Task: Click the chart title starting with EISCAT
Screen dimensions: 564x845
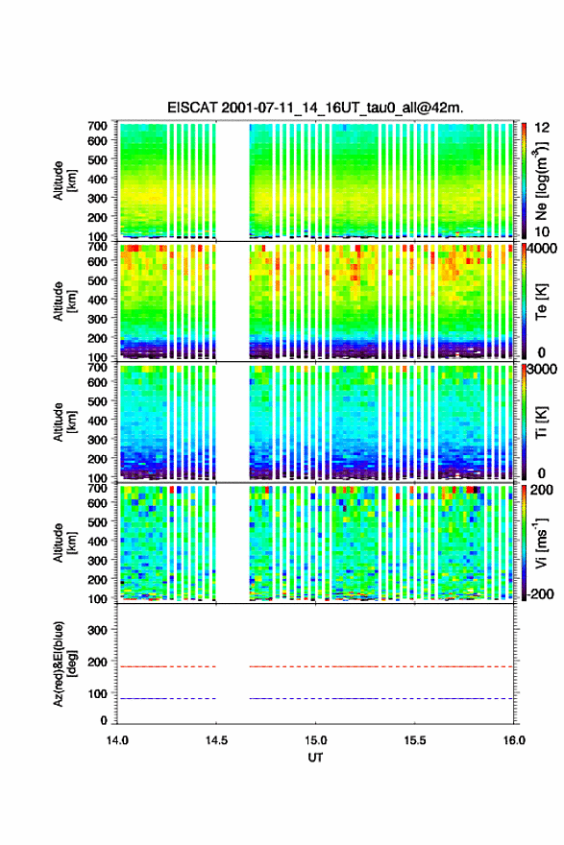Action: (x=315, y=108)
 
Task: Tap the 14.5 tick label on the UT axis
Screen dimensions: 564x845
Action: (x=216, y=740)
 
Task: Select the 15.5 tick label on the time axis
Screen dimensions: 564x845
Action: (x=415, y=740)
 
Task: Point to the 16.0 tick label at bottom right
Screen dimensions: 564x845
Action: (x=514, y=740)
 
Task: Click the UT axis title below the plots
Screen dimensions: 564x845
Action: (x=315, y=758)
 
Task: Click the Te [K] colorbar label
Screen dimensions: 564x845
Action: (x=541, y=302)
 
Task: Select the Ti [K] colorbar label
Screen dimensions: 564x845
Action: (x=541, y=422)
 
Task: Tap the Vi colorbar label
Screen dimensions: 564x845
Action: (x=541, y=543)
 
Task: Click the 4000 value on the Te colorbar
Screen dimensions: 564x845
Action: (x=542, y=249)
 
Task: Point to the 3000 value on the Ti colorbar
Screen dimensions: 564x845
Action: (x=542, y=369)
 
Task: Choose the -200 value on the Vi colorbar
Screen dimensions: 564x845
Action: (x=540, y=593)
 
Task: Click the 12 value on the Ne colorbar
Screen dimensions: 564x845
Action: (x=542, y=128)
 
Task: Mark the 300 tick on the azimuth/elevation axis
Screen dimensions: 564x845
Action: (x=98, y=630)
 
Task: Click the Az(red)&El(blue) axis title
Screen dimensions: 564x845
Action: (x=64, y=664)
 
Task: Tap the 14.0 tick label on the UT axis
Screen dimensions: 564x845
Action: (x=117, y=740)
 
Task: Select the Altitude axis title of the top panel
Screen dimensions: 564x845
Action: (x=64, y=181)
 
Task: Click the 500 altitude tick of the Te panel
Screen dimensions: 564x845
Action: (x=98, y=280)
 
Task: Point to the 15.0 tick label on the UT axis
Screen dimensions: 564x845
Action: (x=315, y=740)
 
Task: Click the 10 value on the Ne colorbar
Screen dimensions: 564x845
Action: (x=542, y=231)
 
